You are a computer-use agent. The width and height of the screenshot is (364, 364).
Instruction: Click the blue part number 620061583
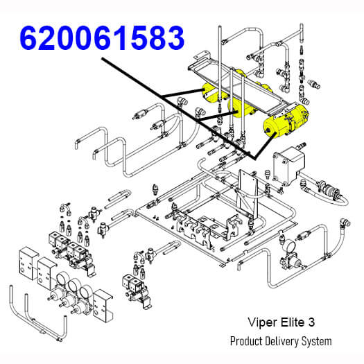[102, 37]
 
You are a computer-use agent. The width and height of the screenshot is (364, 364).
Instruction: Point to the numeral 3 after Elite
[311, 322]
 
